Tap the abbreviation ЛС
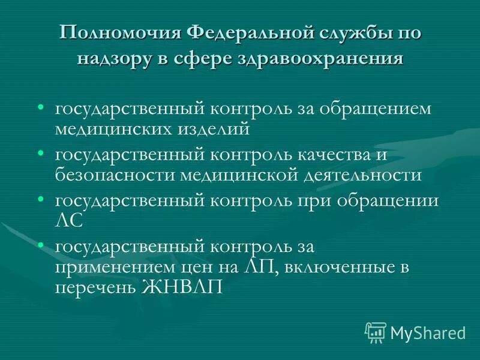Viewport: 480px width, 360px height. [68, 220]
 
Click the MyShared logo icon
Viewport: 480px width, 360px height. [375, 332]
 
